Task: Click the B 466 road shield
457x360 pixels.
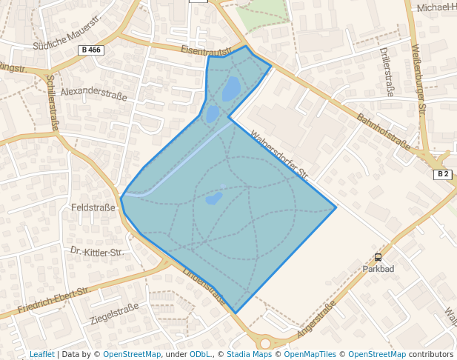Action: [90, 50]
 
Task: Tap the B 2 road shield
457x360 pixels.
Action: [443, 174]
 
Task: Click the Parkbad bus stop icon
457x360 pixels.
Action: [378, 257]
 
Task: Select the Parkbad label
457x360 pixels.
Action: [378, 268]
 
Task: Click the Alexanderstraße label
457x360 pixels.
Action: [94, 94]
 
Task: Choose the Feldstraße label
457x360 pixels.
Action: [93, 207]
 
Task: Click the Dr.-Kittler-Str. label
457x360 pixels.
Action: [97, 253]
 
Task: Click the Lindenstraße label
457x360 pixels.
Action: [202, 285]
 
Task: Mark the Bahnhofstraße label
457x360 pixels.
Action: [383, 131]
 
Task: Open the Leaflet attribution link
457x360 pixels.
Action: [41, 354]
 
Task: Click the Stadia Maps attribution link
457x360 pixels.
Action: [249, 354]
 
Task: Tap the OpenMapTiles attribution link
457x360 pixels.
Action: [311, 354]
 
